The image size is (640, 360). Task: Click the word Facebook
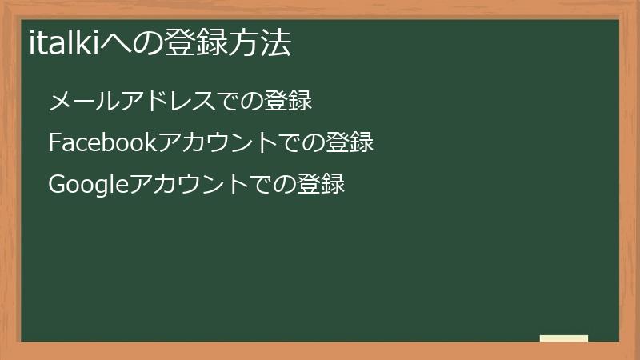102,143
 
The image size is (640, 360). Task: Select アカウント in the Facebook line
217,143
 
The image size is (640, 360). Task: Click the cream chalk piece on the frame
564,338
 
